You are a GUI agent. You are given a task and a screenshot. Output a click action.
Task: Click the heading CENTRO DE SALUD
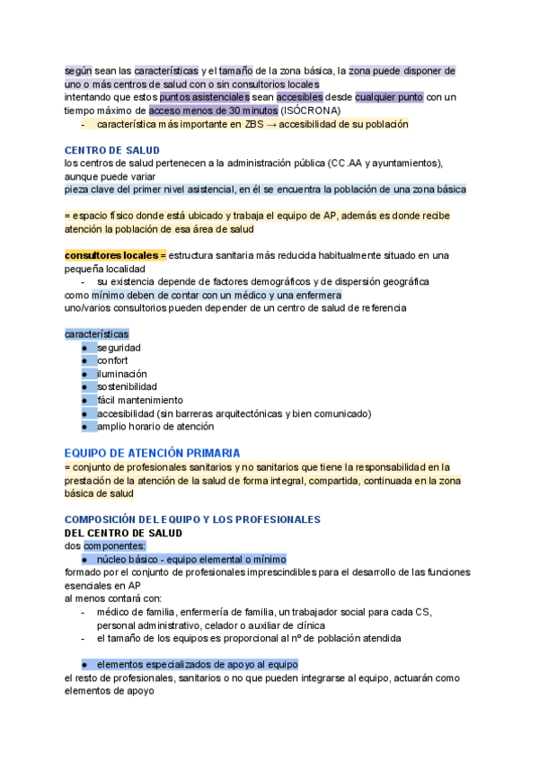click(112, 150)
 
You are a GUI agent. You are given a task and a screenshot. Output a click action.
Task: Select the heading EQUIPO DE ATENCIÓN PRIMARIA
click(152, 454)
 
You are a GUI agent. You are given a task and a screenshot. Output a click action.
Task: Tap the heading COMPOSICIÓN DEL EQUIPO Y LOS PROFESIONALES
click(192, 519)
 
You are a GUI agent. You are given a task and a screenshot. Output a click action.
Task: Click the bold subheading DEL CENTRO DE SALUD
click(123, 533)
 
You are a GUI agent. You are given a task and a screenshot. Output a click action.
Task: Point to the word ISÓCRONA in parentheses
click(310, 111)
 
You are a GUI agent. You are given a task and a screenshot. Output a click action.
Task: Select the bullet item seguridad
click(119, 348)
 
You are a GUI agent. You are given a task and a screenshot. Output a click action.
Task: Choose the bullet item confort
click(113, 360)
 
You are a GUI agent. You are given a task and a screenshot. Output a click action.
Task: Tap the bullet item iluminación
click(122, 374)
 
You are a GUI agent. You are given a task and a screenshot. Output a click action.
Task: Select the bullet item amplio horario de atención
click(155, 427)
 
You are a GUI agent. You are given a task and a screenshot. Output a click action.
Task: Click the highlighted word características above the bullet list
click(96, 334)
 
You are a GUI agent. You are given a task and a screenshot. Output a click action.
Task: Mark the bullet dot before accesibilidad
click(84, 413)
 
